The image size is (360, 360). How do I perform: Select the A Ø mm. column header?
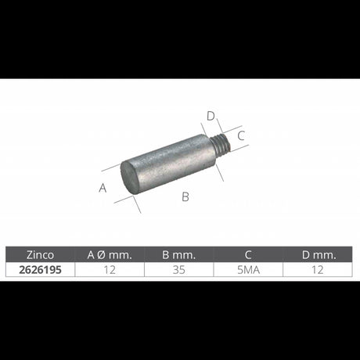coord(110,254)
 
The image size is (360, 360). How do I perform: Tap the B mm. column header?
coord(178,254)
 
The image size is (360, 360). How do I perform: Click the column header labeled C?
coord(247,254)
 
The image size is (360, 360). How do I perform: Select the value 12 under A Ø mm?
coord(110,268)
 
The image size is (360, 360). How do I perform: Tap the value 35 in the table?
coord(178,268)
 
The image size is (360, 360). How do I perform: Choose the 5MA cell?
coord(247,268)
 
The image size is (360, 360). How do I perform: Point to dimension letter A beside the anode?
coord(102,187)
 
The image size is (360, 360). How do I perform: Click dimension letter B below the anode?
coord(185,196)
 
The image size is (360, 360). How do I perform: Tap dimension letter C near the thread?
coord(241,135)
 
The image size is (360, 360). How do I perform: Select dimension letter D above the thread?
coord(211,117)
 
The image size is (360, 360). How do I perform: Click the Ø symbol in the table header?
coord(107,254)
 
